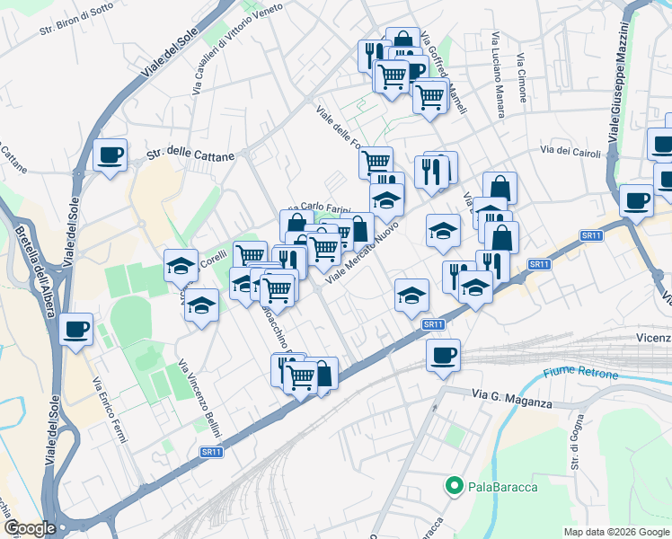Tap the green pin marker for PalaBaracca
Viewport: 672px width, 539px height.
pyautogui.click(x=455, y=487)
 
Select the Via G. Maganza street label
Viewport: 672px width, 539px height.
pyautogui.click(x=512, y=399)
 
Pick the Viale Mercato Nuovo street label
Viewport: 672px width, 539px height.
pyautogui.click(x=361, y=255)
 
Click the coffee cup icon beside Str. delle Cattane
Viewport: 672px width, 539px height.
pyautogui.click(x=111, y=155)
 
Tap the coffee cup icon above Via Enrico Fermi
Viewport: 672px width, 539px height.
pyautogui.click(x=76, y=329)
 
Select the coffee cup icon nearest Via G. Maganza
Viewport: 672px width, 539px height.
pyautogui.click(x=443, y=356)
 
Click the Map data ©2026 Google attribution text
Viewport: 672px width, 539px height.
pyautogui.click(x=616, y=531)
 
